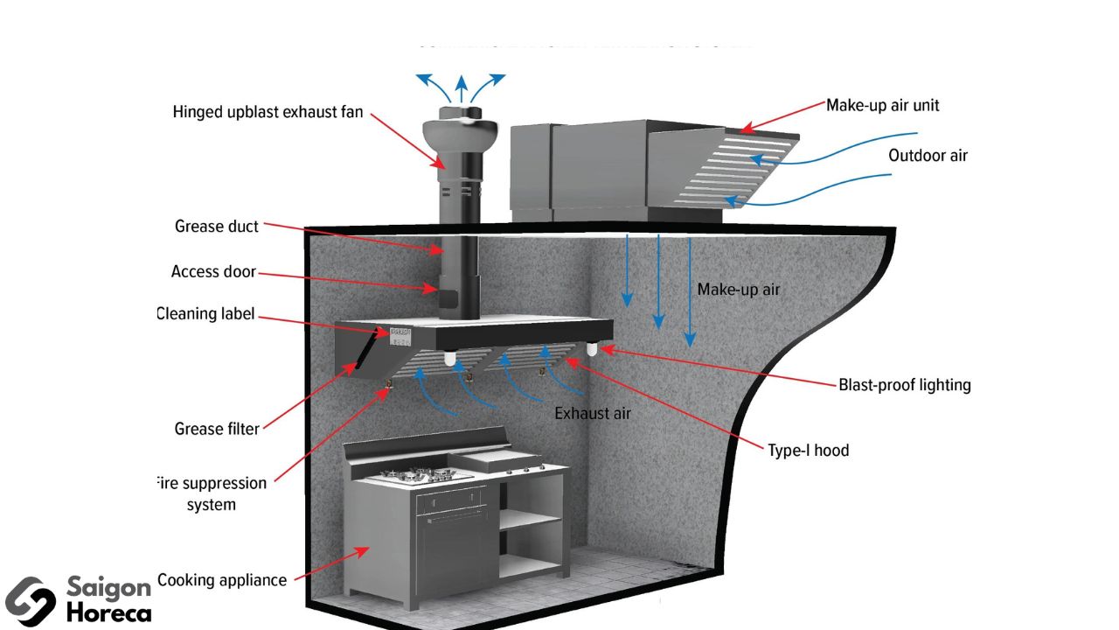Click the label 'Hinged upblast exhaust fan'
[x=268, y=112]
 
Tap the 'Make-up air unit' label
[x=883, y=105]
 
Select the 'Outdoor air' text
[x=928, y=156]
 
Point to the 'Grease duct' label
[x=217, y=227]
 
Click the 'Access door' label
[x=213, y=272]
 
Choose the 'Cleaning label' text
[x=206, y=313]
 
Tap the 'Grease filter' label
[x=217, y=429]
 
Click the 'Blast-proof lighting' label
[x=905, y=385]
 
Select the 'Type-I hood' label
[x=809, y=451]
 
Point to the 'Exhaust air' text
[x=593, y=413]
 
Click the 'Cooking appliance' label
[x=222, y=580]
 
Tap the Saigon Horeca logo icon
[x=30, y=601]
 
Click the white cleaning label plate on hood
[x=400, y=335]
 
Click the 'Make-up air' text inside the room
[x=738, y=290]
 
